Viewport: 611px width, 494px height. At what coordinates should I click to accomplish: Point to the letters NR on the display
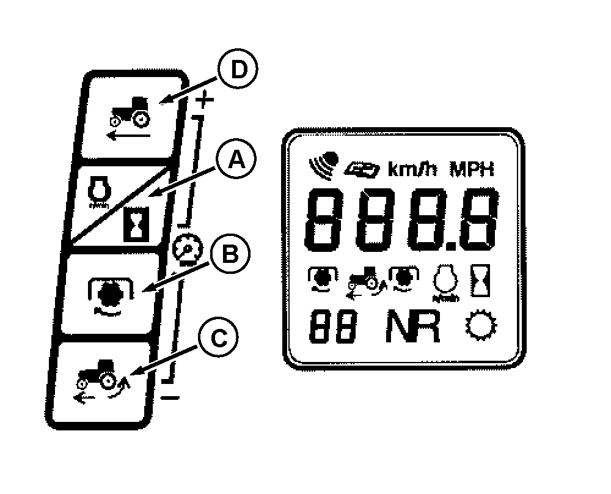click(412, 328)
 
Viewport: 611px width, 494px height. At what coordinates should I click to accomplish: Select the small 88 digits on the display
click(334, 328)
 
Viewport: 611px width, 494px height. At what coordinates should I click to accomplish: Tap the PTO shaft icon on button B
click(108, 293)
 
